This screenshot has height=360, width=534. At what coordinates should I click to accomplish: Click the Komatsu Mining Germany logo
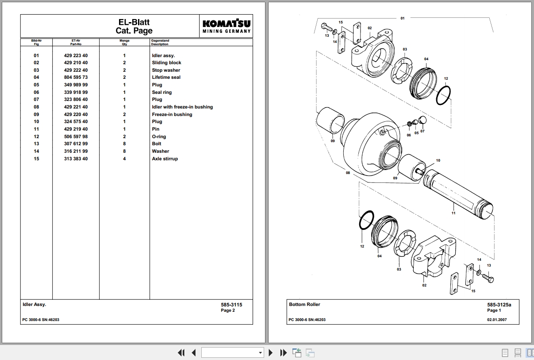tap(226, 26)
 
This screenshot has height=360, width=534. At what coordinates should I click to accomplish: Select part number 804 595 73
tap(76, 77)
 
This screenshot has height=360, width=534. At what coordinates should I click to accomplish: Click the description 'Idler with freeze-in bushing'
tap(182, 107)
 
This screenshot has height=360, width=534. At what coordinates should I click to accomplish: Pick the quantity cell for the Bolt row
tap(124, 143)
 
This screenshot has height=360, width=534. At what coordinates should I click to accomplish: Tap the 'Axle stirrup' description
tap(165, 159)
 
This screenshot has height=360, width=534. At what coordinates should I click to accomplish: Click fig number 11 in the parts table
tap(36, 129)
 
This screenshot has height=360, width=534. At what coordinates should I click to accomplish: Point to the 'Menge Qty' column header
tap(124, 42)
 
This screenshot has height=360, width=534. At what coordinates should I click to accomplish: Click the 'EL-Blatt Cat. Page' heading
tap(134, 26)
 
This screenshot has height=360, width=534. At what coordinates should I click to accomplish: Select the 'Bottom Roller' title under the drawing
tap(304, 304)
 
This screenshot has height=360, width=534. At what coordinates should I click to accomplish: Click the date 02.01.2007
tap(497, 320)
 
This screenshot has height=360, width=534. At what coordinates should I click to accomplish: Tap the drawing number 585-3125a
tap(499, 305)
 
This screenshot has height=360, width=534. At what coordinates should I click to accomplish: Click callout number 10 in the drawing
tap(438, 160)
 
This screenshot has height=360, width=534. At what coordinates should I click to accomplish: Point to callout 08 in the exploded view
tap(348, 173)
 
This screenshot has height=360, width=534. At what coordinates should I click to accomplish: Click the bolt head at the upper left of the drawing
tap(324, 26)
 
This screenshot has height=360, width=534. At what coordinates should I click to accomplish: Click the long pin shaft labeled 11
tap(458, 194)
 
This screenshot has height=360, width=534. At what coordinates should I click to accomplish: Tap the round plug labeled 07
tap(423, 120)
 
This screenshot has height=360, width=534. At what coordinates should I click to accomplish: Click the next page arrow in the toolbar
tap(271, 352)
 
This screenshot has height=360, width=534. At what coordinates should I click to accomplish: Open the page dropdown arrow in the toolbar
tap(260, 352)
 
